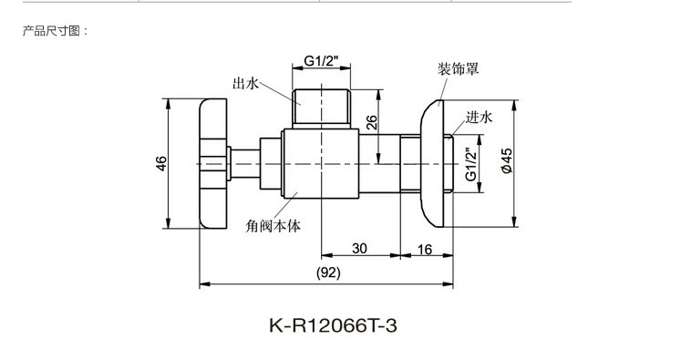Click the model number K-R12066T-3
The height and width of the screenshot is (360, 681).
(x=333, y=325)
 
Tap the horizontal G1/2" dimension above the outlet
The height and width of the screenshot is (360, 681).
(x=321, y=61)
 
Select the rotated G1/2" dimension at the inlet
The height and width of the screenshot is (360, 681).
(x=471, y=164)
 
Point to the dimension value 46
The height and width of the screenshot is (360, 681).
(x=161, y=163)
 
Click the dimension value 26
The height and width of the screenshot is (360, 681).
(x=372, y=122)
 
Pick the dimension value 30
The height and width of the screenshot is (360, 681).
(x=359, y=249)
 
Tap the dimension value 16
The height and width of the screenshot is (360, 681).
(x=425, y=249)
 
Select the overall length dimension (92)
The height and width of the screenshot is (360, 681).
(x=328, y=273)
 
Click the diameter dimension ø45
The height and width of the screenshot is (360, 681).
(x=507, y=161)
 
